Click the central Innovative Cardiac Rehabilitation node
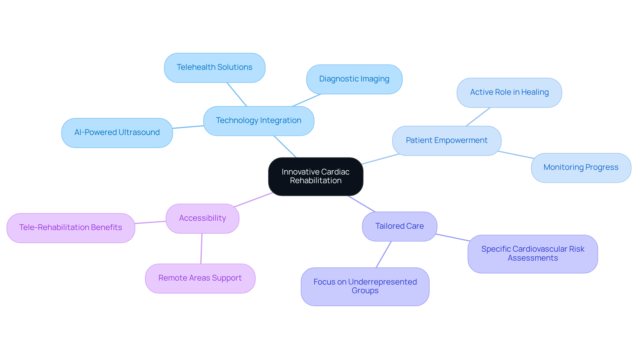point(315,176)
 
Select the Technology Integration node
point(259,121)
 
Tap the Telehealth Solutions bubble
point(214,67)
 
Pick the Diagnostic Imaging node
point(354,79)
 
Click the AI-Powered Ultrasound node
point(117,133)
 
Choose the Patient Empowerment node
point(446,141)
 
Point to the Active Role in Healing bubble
point(509,92)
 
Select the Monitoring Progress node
point(581,168)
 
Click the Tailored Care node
point(399,226)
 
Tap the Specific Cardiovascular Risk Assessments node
point(533,254)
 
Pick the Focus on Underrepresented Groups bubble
point(365,286)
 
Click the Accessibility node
point(202,218)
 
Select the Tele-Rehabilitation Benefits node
point(70,228)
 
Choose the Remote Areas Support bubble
point(200,278)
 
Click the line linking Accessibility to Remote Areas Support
point(201,249)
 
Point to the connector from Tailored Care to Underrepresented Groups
point(383,254)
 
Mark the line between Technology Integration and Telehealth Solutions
point(237,94)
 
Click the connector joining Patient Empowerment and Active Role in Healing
point(478,117)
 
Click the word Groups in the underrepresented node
point(365,291)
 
